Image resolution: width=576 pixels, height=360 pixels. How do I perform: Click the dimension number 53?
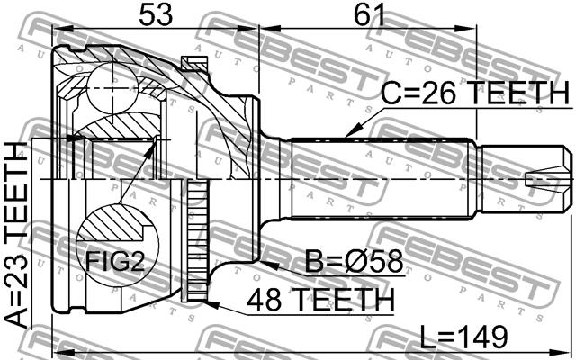(x=156, y=15)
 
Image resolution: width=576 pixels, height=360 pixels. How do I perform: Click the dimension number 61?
(x=369, y=15)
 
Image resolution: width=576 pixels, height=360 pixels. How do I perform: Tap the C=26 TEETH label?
(x=475, y=94)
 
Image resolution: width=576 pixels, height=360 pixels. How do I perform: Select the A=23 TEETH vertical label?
(x=17, y=235)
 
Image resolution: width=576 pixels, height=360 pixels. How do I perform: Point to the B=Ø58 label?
(x=354, y=262)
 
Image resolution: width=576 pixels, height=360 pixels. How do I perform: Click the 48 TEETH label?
(x=320, y=300)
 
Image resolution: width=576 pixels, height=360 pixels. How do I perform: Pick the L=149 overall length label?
(x=463, y=337)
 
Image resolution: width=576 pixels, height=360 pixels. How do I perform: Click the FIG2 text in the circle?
(x=115, y=262)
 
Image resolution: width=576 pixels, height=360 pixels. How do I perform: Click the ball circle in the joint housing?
(x=112, y=88)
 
